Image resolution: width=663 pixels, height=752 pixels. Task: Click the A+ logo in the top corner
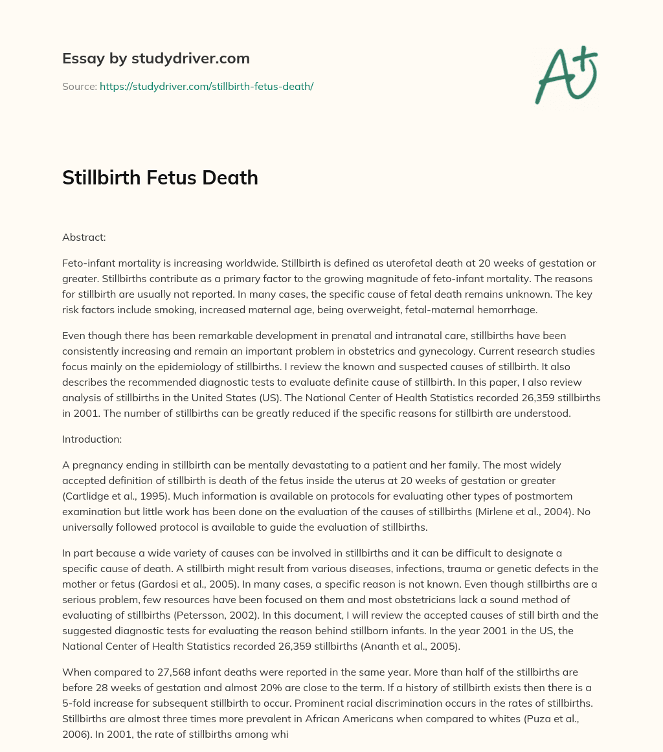click(567, 75)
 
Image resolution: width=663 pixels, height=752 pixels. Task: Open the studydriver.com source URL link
click(206, 86)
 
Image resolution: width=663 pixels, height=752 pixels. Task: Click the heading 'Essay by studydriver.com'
click(155, 58)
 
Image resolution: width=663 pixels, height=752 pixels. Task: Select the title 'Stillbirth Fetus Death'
click(160, 178)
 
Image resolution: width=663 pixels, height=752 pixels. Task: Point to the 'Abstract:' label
click(84, 238)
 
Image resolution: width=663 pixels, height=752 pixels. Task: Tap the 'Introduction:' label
click(93, 439)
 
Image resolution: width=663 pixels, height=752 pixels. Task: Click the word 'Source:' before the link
click(80, 86)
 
